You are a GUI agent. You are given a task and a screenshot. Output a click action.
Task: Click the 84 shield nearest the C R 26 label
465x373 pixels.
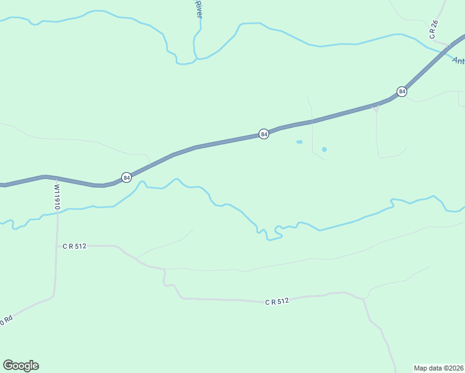pos(402,92)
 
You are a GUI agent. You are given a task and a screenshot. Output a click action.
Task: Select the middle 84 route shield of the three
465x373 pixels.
pos(264,134)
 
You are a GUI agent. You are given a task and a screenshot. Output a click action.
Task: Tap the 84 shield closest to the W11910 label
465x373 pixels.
pos(127,177)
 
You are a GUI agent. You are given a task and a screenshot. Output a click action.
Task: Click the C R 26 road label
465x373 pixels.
pos(434,30)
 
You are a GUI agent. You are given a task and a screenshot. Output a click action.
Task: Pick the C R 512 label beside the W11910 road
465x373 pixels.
pos(74,246)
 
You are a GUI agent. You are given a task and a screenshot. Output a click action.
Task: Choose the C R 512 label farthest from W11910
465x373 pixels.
pos(277,302)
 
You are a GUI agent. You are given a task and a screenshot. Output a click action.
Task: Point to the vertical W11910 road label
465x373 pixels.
pos(57,196)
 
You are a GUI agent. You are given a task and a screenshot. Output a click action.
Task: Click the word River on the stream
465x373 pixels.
pos(199,9)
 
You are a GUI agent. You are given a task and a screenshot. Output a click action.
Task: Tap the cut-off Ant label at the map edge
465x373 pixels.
pos(458,60)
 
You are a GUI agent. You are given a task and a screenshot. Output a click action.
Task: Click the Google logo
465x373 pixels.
pos(21,366)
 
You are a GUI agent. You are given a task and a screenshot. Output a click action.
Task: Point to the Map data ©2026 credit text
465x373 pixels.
pos(439,367)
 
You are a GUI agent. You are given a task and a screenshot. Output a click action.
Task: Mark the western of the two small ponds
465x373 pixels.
pos(299,142)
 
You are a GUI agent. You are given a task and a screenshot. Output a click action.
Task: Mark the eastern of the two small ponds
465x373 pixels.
pos(324,149)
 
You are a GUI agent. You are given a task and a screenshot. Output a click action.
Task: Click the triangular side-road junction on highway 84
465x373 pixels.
pos(375,109)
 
